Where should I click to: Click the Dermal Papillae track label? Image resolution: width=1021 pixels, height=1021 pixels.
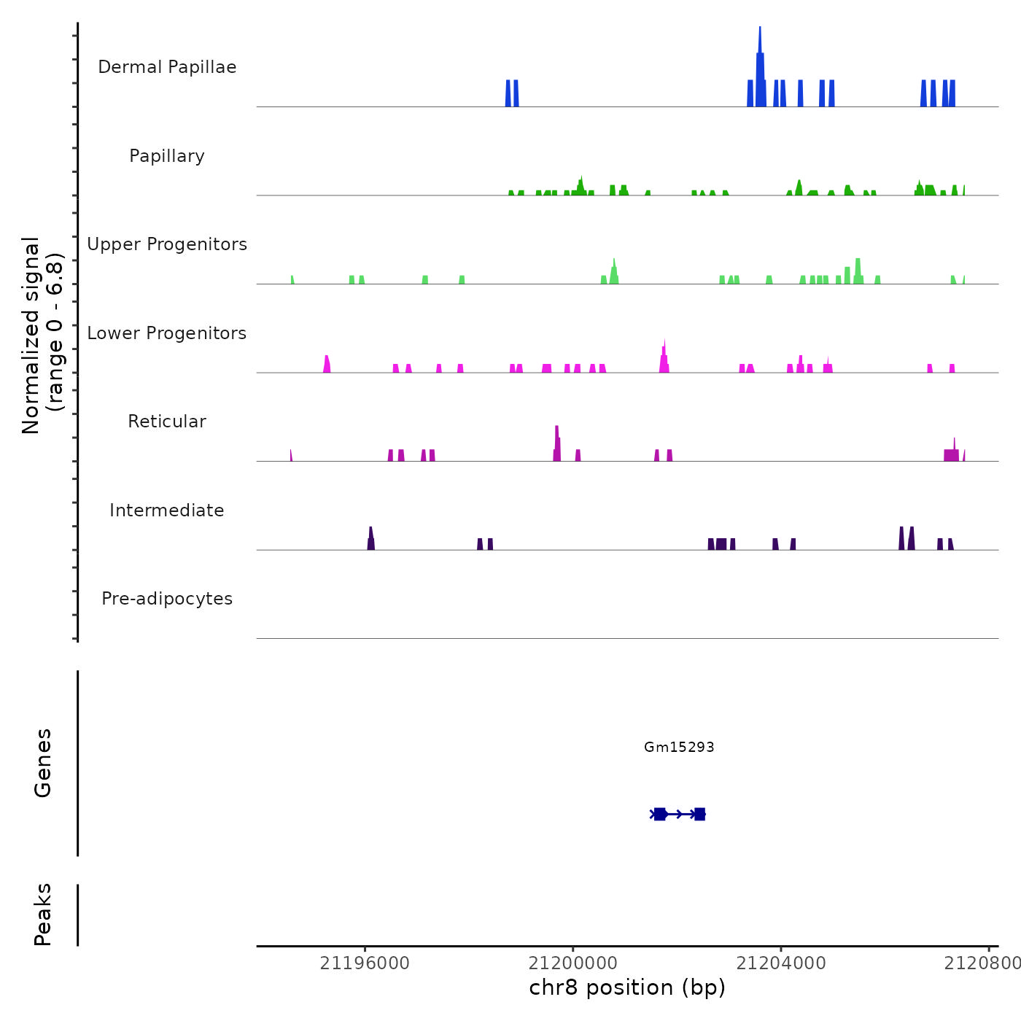coord(167,67)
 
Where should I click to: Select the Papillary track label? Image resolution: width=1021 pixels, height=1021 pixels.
coord(167,156)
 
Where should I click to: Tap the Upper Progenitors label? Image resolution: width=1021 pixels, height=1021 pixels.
coord(167,244)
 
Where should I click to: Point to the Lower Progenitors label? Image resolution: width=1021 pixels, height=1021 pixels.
coord(167,333)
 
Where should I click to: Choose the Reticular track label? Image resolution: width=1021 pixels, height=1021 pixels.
coord(167,422)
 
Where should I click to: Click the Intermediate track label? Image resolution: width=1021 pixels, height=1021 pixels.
coord(167,510)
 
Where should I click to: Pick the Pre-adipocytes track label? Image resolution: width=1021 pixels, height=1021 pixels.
coord(167,599)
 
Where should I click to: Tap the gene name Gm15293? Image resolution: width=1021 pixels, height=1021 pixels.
coord(679,747)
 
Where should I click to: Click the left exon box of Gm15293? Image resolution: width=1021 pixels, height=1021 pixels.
coord(660,814)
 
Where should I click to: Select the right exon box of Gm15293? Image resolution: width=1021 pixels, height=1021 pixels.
coord(699,814)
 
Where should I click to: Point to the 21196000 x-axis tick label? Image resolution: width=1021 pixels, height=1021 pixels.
coord(365,963)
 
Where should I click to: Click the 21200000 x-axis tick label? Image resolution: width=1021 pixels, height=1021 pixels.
coord(573,963)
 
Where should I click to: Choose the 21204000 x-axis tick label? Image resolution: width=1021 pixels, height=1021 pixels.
coord(781,963)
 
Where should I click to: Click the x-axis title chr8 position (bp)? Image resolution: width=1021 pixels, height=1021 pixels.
coord(627,987)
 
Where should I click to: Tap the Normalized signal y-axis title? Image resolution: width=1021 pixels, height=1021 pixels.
coord(42,335)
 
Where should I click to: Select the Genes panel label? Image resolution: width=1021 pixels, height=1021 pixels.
coord(43,763)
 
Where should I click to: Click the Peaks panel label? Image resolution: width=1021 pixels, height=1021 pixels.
coord(43,915)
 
